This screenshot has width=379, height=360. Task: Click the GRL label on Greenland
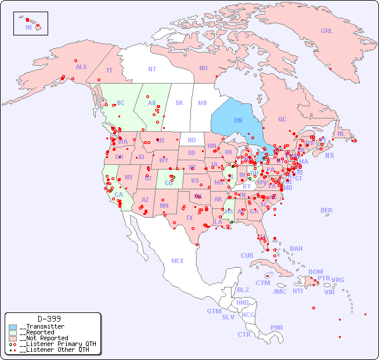(327, 31)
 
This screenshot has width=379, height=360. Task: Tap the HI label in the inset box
(28, 27)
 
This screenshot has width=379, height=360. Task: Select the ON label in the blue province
(238, 120)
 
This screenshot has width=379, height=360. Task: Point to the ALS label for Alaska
(81, 67)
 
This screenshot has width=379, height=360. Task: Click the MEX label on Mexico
(178, 261)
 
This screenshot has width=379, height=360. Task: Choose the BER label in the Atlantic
(326, 210)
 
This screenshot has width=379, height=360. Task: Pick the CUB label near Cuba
(247, 255)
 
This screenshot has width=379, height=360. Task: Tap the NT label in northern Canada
(151, 69)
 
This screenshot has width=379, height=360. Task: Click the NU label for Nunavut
(203, 68)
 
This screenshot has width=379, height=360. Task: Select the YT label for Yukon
(109, 70)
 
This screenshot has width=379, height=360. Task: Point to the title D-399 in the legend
(49, 319)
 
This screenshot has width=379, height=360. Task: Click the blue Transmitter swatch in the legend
(13, 327)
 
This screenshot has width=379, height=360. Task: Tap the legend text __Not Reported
(44, 338)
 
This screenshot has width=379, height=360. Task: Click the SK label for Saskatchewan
(179, 103)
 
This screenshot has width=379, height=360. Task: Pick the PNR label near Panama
(277, 327)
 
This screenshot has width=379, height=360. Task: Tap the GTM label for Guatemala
(214, 311)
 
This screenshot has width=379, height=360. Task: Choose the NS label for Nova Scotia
(329, 156)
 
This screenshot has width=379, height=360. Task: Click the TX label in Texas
(189, 218)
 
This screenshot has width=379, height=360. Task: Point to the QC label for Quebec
(282, 119)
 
